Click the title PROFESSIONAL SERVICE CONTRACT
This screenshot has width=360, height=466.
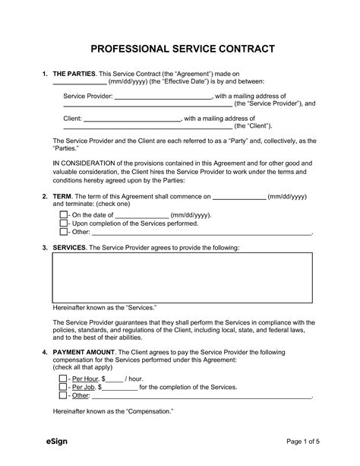pos(179,49)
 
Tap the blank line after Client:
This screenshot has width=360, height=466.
pos(132,119)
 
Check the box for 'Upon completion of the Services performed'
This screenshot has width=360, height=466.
pos(63,224)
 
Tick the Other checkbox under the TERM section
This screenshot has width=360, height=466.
pos(63,233)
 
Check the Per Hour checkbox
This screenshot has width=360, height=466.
pos(63,379)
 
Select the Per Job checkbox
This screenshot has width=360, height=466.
pos(63,387)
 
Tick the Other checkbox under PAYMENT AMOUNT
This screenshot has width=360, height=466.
pos(63,395)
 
